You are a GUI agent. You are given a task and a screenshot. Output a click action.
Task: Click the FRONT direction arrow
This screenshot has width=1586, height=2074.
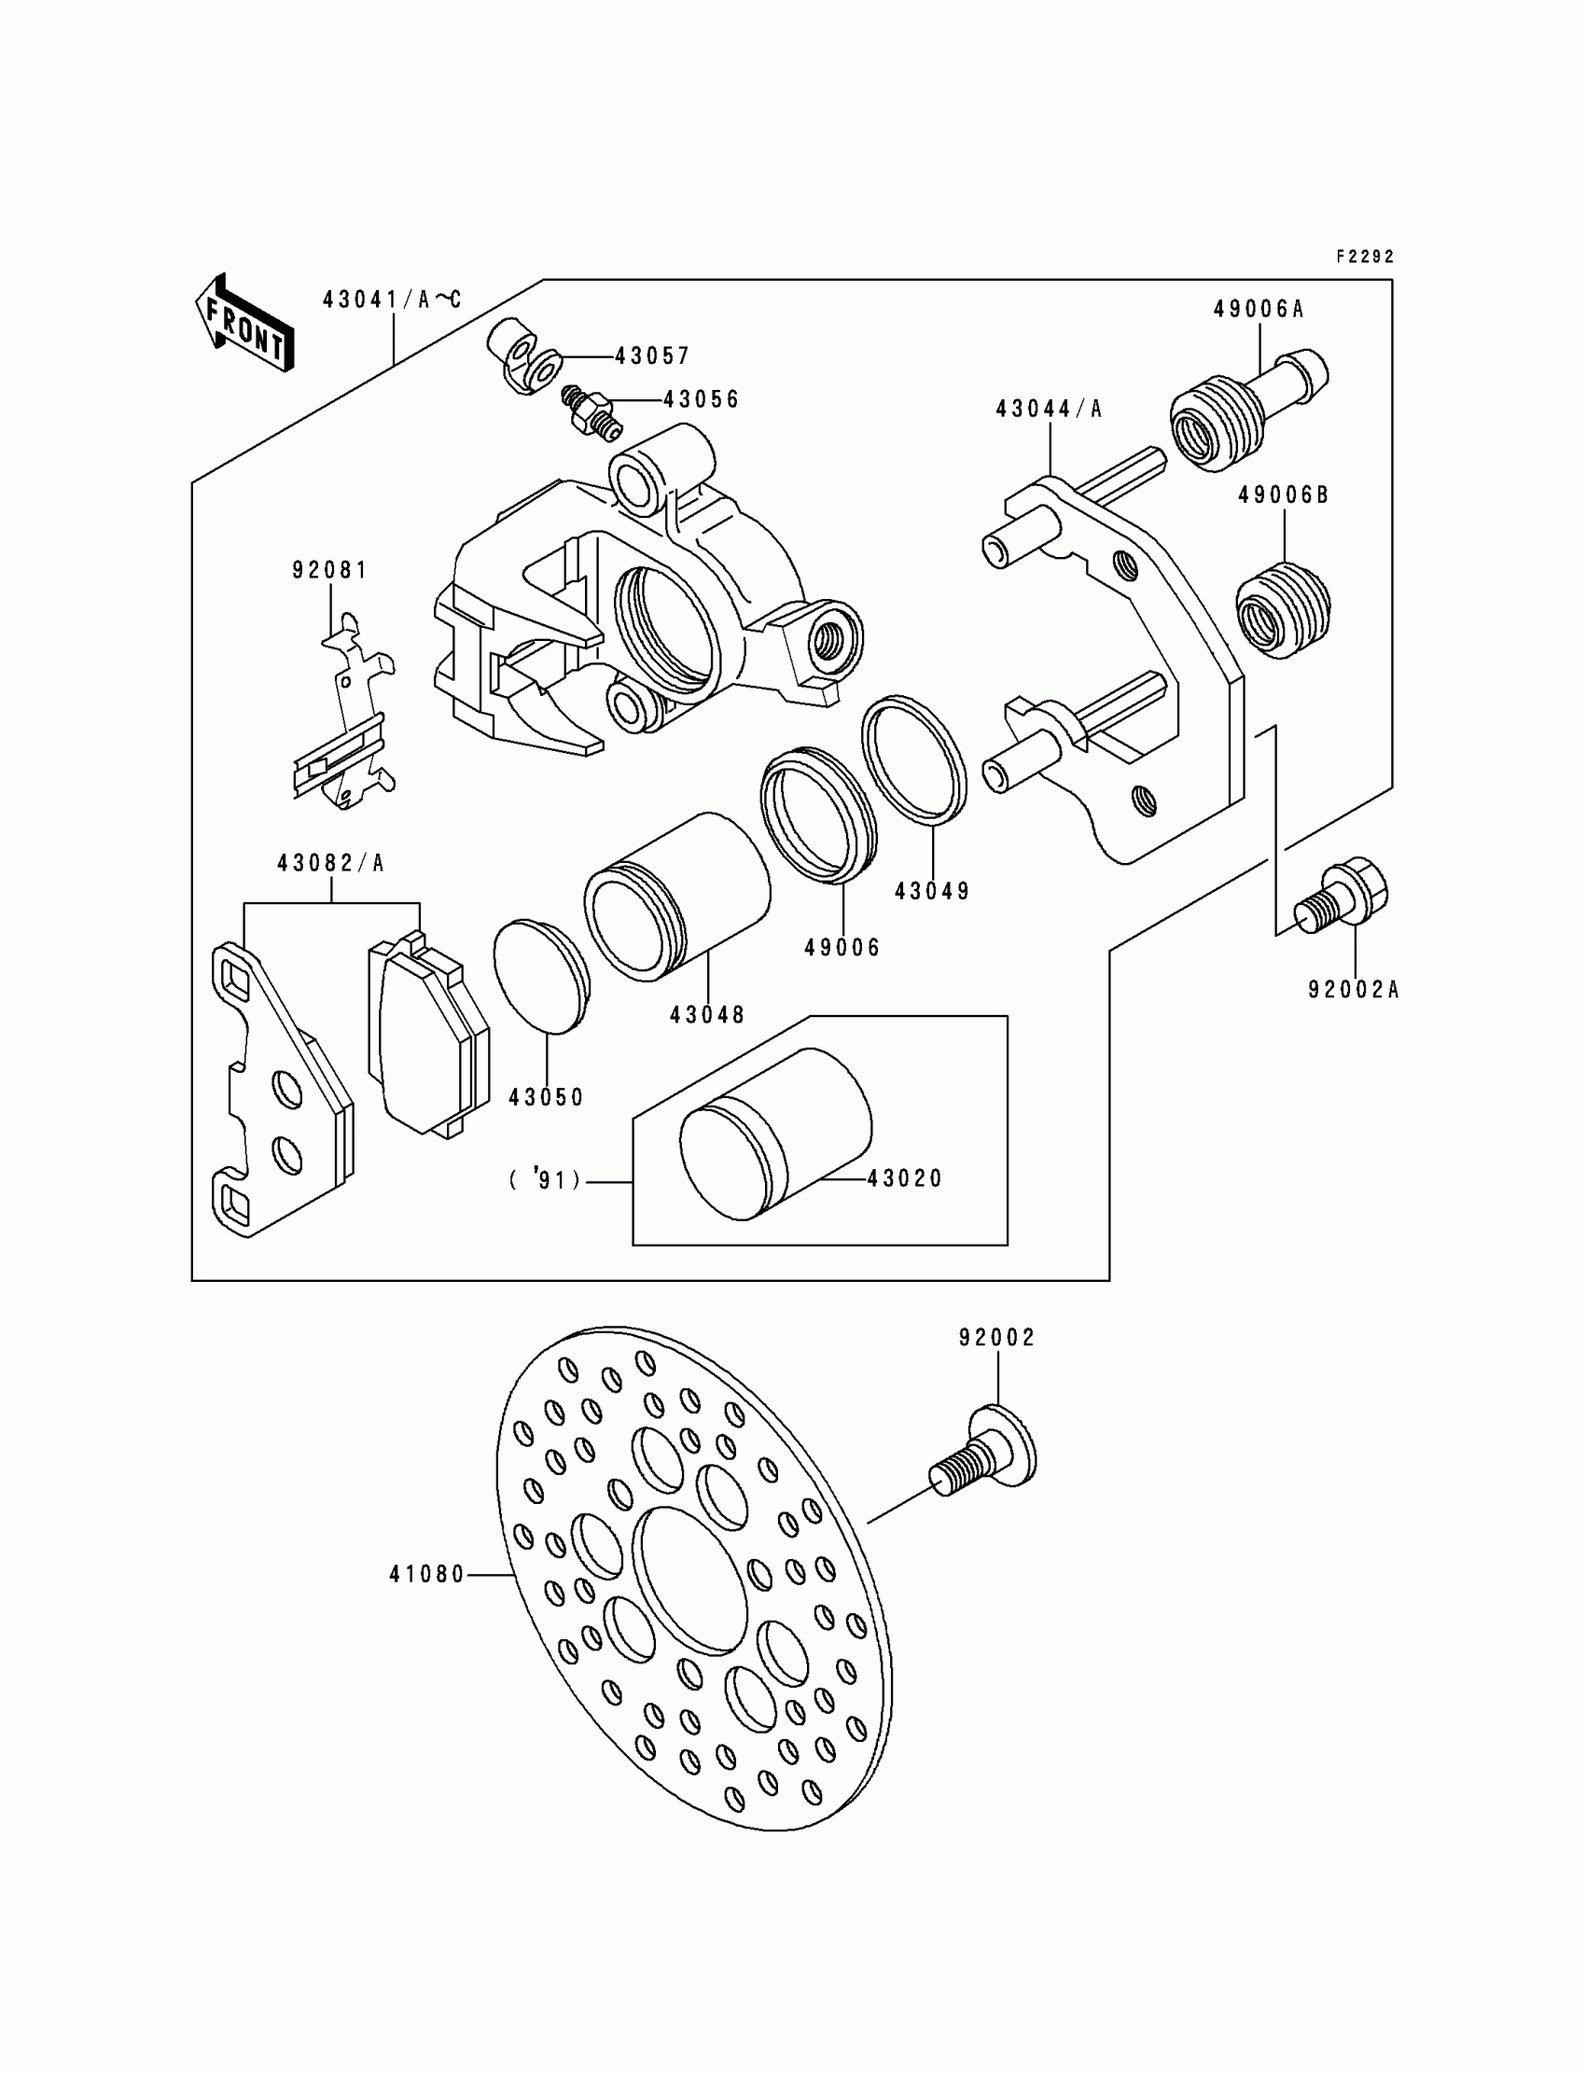pos(244,324)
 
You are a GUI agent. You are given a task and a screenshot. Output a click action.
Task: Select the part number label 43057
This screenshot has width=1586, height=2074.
pos(652,355)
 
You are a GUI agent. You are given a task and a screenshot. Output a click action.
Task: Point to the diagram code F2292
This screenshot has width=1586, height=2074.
pos(1365,257)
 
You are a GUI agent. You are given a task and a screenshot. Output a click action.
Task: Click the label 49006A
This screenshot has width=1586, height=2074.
pos(1259,310)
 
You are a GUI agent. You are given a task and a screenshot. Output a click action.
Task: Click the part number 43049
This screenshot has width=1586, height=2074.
pos(933,891)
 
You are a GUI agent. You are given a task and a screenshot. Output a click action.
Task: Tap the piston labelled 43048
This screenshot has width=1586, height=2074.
pos(678,895)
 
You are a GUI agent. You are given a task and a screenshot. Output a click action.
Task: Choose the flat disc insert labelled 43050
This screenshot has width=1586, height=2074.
pos(541,977)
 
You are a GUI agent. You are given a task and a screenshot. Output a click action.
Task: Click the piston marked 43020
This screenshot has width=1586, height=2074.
pos(775,1133)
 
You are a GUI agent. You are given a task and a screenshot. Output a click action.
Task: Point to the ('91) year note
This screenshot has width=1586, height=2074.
pos(546,1180)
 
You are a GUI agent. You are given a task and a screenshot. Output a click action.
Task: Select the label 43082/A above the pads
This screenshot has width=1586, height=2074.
pos(330,863)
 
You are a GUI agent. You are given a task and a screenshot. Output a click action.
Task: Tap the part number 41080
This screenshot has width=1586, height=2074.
pos(426,1575)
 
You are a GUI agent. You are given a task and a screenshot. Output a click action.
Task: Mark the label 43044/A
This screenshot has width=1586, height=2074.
pos(1049,409)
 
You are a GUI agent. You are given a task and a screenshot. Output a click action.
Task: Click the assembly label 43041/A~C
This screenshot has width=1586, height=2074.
pos(392,300)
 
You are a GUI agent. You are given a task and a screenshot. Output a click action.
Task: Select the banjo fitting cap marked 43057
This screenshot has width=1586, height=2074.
pos(522,354)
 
